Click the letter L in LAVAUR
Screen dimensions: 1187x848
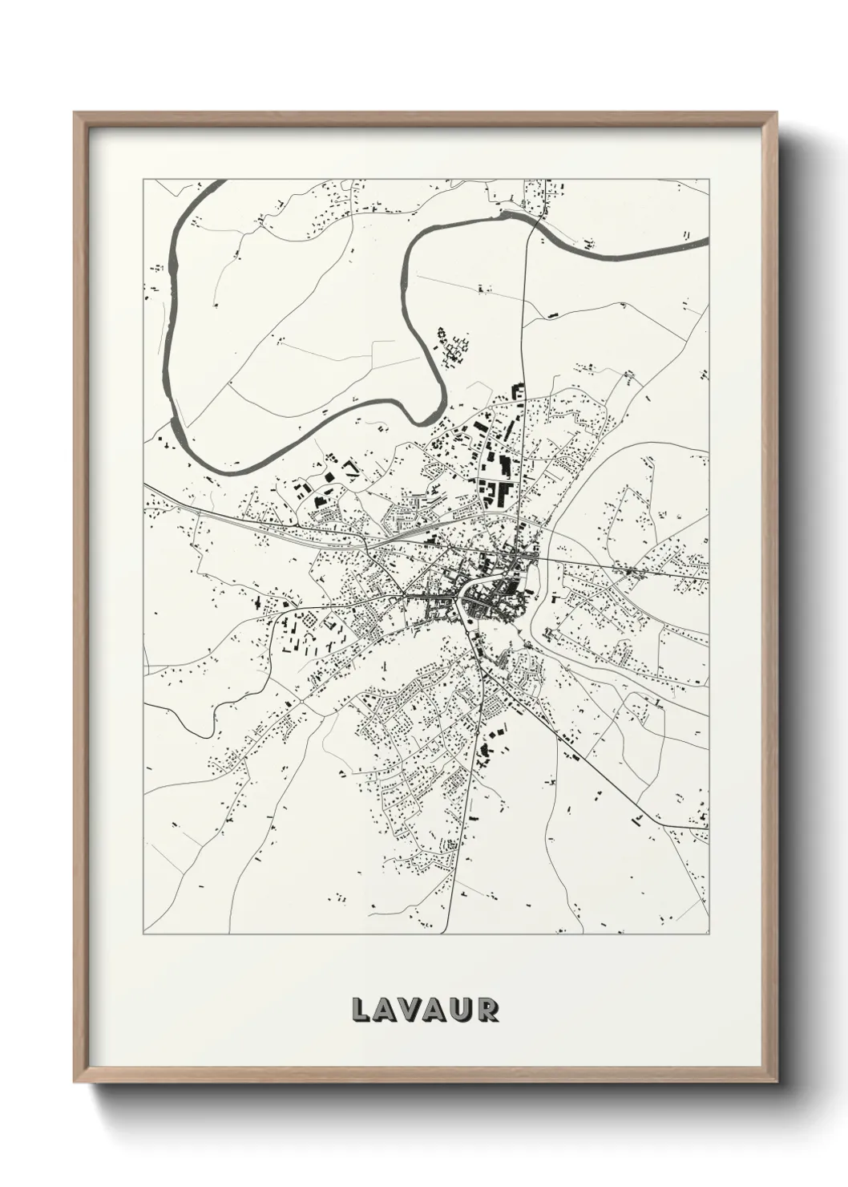(x=361, y=1010)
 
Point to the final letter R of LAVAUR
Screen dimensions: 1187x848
(x=487, y=1010)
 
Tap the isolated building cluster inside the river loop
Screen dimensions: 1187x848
(x=451, y=346)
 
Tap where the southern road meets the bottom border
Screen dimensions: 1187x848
(x=450, y=934)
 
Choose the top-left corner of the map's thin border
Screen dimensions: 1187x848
(x=143, y=180)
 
